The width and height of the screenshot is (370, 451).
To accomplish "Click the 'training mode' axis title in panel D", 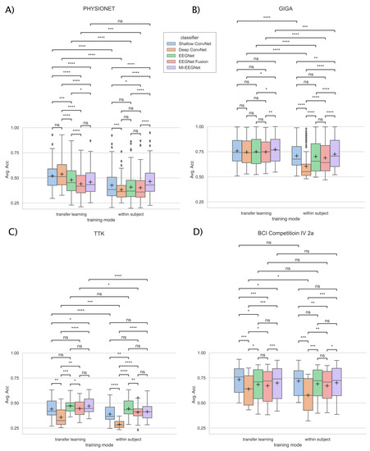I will (x=282, y=445).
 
